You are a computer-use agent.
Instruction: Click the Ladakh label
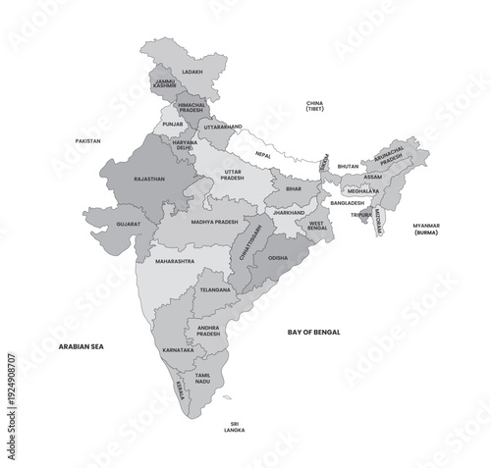pyautogui.click(x=192, y=72)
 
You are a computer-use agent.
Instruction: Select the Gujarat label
pyautogui.click(x=128, y=224)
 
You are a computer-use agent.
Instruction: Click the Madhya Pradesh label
pyautogui.click(x=214, y=222)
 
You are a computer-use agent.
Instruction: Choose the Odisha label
pyautogui.click(x=278, y=258)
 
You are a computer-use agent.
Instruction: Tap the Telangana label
pyautogui.click(x=215, y=289)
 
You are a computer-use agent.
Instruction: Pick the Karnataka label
pyautogui.click(x=179, y=349)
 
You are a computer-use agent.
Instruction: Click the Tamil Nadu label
pyautogui.click(x=203, y=377)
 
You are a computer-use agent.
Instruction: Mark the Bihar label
pyautogui.click(x=293, y=188)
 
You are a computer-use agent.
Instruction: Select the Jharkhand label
pyautogui.click(x=289, y=212)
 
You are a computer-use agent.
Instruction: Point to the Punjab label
pyautogui.click(x=172, y=125)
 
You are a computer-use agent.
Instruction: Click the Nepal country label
pyautogui.click(x=263, y=155)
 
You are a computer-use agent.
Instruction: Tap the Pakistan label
pyautogui.click(x=87, y=140)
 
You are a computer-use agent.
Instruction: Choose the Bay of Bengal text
pyautogui.click(x=313, y=333)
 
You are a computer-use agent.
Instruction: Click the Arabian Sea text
pyautogui.click(x=82, y=346)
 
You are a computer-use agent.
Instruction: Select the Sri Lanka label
pyautogui.click(x=234, y=427)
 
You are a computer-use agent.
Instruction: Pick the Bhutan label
pyautogui.click(x=348, y=167)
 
